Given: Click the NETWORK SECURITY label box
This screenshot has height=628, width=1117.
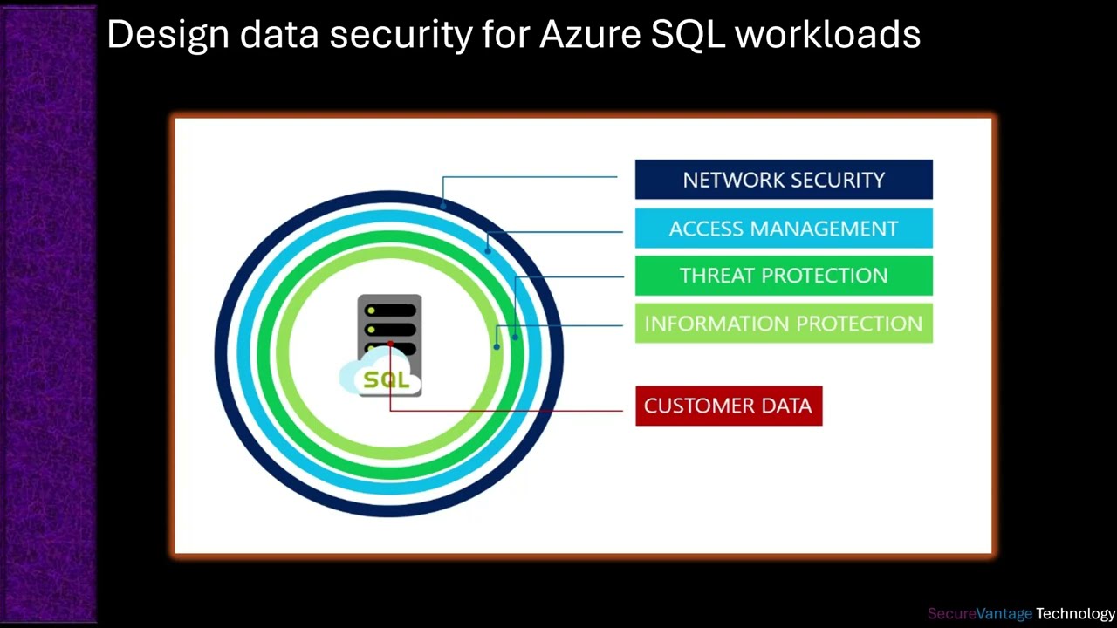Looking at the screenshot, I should pos(783,180).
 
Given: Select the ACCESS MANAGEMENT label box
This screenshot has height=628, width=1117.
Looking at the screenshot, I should pos(783,229).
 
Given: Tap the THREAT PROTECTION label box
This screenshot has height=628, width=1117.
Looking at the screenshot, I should pos(783,276).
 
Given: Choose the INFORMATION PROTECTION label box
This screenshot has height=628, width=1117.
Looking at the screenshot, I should pos(783,324).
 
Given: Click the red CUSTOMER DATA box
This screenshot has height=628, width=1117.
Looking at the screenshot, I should pos(729,406).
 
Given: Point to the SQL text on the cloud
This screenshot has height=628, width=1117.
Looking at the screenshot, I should pos(386,380).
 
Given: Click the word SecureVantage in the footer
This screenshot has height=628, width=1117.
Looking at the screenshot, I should pos(980,614).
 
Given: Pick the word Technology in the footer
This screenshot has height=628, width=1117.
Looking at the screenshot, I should pos(1076,614).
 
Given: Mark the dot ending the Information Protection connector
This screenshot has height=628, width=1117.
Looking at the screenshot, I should pos(497,346).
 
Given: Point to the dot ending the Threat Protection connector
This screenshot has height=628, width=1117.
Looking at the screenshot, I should pos(515,336).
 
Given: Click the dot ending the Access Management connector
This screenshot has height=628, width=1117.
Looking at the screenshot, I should pos(488,251).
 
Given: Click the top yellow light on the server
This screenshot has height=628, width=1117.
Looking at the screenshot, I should pos(372,311).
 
